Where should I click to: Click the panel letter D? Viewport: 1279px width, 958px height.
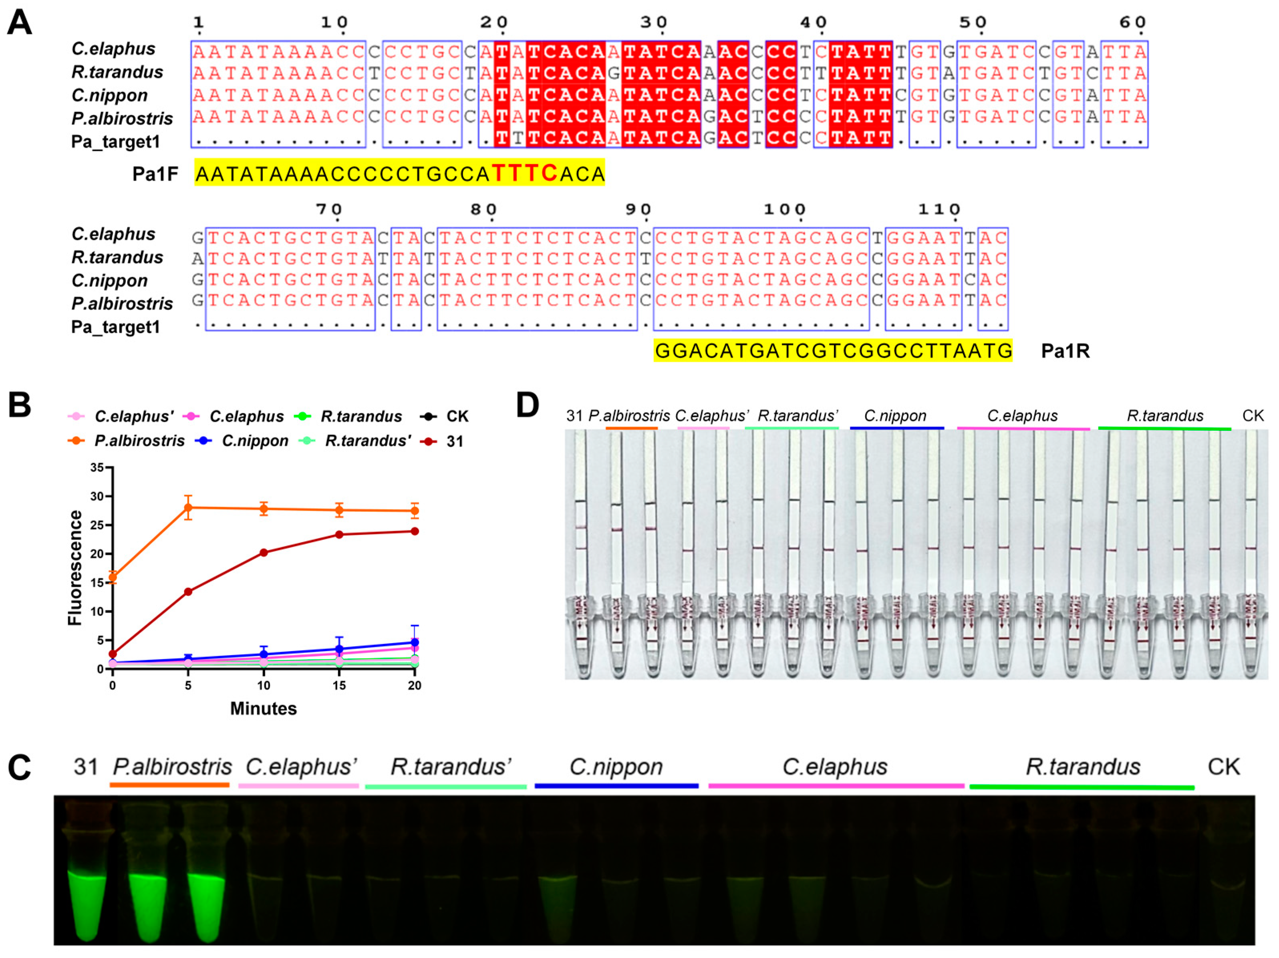(527, 405)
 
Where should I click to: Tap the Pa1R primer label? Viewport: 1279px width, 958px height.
(1065, 351)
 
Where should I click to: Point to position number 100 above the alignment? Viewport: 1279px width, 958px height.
(784, 209)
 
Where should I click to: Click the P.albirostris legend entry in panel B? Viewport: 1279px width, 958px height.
(139, 441)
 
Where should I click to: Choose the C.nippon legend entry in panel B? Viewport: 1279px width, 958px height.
(254, 441)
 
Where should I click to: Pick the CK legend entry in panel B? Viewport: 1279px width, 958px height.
(457, 416)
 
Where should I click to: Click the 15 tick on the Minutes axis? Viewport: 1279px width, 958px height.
(339, 686)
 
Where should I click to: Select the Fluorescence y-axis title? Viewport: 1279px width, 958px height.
(75, 568)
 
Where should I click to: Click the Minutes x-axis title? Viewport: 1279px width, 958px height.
(263, 709)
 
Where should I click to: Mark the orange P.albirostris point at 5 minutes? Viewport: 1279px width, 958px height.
(188, 507)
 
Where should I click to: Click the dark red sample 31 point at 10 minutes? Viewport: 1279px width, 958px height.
(264, 553)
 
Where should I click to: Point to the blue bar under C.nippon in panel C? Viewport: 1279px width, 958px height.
(616, 786)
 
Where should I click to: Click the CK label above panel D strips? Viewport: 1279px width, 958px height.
(1253, 416)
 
